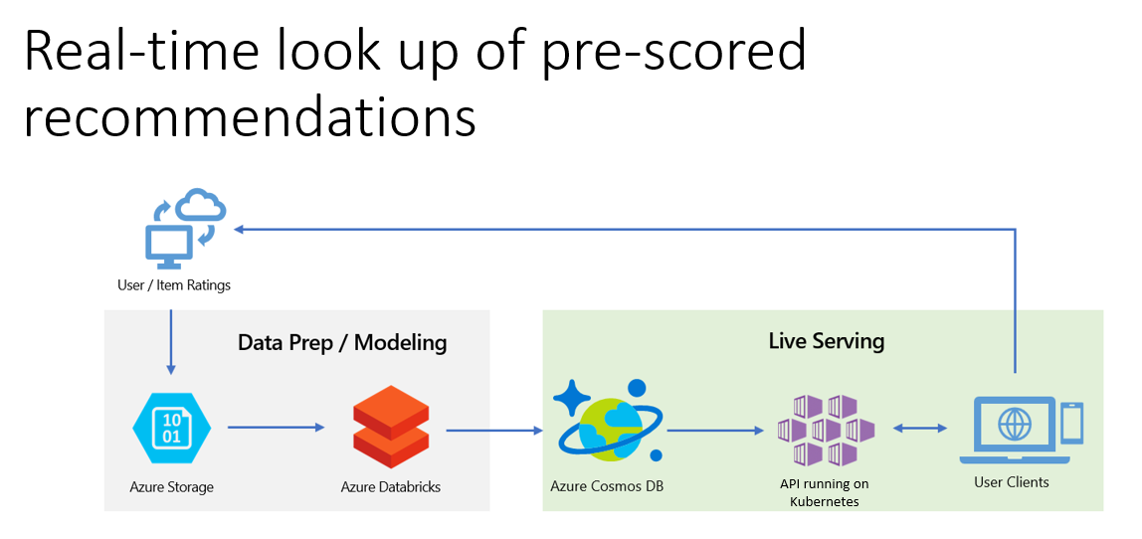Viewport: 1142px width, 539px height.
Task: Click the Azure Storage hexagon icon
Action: click(171, 429)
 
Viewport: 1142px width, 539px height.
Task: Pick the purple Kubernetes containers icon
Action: click(826, 431)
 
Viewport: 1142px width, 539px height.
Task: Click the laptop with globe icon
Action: click(1014, 431)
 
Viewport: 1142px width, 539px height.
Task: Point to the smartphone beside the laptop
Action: click(1071, 424)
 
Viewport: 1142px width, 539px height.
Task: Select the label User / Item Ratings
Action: click(174, 285)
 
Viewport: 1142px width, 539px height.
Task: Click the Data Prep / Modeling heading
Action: click(342, 343)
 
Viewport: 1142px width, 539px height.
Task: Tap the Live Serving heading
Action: click(826, 341)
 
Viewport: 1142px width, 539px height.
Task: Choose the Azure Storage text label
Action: click(171, 487)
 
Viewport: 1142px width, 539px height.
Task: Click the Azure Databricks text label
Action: click(390, 487)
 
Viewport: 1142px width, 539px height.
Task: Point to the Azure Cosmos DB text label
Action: click(607, 486)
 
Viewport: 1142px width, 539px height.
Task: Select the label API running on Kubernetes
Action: click(824, 492)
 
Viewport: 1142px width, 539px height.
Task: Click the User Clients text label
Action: click(1011, 482)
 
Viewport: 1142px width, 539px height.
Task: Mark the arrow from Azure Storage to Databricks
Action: click(276, 428)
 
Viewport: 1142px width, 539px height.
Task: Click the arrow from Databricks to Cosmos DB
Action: click(494, 431)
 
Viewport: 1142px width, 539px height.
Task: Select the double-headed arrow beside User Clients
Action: click(920, 429)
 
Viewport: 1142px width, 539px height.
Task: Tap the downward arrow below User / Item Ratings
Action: click(171, 341)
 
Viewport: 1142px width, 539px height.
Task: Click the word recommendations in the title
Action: click(250, 116)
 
